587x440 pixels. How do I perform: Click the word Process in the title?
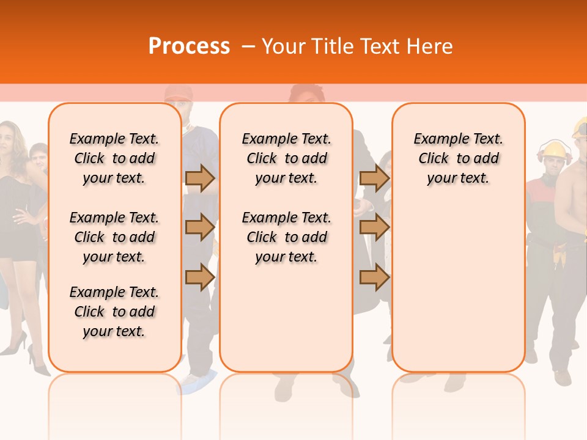(189, 46)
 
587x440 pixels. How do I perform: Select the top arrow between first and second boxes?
(200, 178)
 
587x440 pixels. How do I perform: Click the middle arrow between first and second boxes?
(200, 227)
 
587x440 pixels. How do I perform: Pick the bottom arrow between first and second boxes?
(200, 277)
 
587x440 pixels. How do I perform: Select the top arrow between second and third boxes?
(375, 178)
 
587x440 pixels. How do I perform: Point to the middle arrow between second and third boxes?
(375, 227)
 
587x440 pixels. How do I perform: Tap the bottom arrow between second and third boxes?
(375, 277)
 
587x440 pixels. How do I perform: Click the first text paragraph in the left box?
(114, 158)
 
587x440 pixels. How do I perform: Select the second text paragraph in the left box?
(114, 237)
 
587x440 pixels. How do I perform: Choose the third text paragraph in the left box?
(114, 312)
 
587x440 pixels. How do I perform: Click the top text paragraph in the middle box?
(286, 158)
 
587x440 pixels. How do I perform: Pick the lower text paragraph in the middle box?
(286, 237)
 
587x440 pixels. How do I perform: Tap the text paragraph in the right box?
(458, 158)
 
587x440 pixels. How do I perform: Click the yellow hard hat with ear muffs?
(555, 150)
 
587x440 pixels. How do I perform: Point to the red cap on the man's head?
(177, 92)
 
